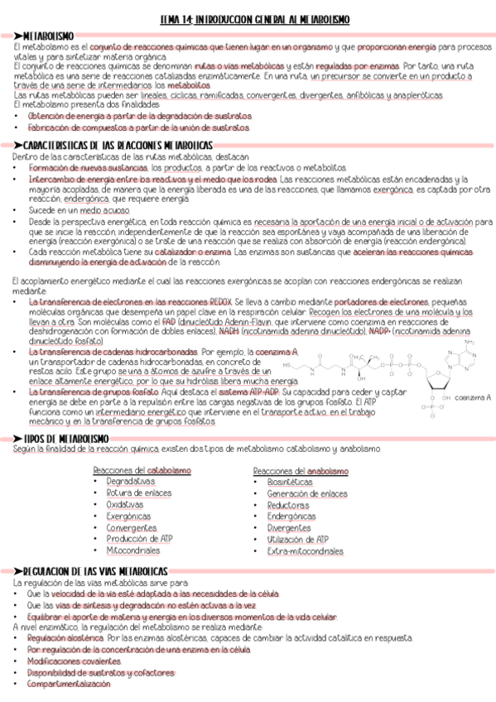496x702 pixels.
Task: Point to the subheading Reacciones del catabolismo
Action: pyautogui.click(x=142, y=469)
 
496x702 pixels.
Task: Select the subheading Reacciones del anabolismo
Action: pyautogui.click(x=300, y=469)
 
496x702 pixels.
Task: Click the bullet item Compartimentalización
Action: pyautogui.click(x=67, y=684)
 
